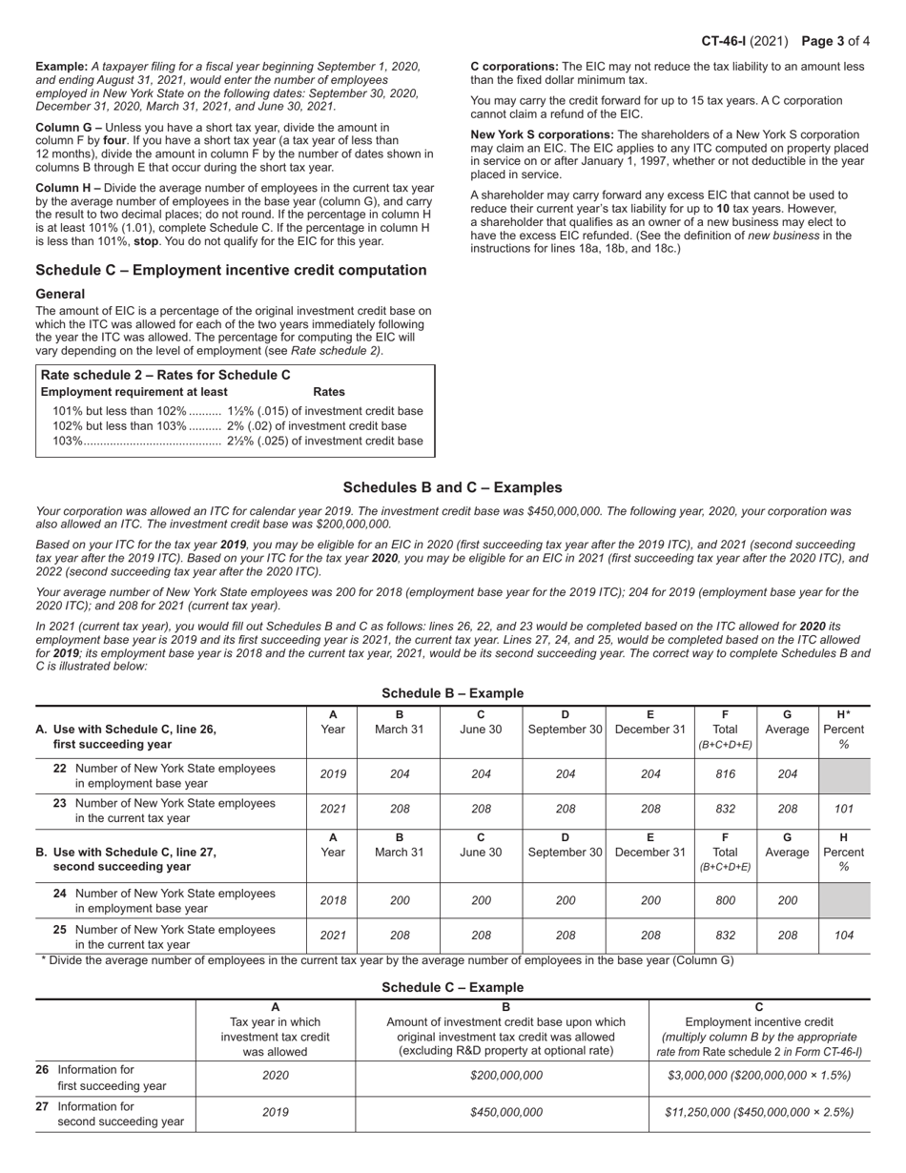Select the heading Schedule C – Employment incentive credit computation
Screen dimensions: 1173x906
click(x=231, y=271)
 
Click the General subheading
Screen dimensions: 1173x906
click(x=60, y=294)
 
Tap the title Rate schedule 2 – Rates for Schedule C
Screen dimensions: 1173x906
click(x=166, y=375)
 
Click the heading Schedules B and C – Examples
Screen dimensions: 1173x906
click(x=452, y=487)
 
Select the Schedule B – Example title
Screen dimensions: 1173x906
click(x=452, y=693)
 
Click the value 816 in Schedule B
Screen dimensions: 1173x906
click(x=725, y=774)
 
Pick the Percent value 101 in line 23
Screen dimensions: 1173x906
click(x=843, y=809)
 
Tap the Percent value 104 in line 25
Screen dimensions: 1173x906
click(x=843, y=936)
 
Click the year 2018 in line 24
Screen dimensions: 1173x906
click(x=332, y=900)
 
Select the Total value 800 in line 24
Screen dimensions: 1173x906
click(x=725, y=900)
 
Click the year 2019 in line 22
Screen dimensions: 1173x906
click(x=332, y=774)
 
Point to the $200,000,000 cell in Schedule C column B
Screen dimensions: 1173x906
click(x=505, y=1076)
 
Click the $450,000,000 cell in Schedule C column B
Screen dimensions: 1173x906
click(x=505, y=1112)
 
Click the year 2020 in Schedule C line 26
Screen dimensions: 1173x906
click(x=275, y=1076)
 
